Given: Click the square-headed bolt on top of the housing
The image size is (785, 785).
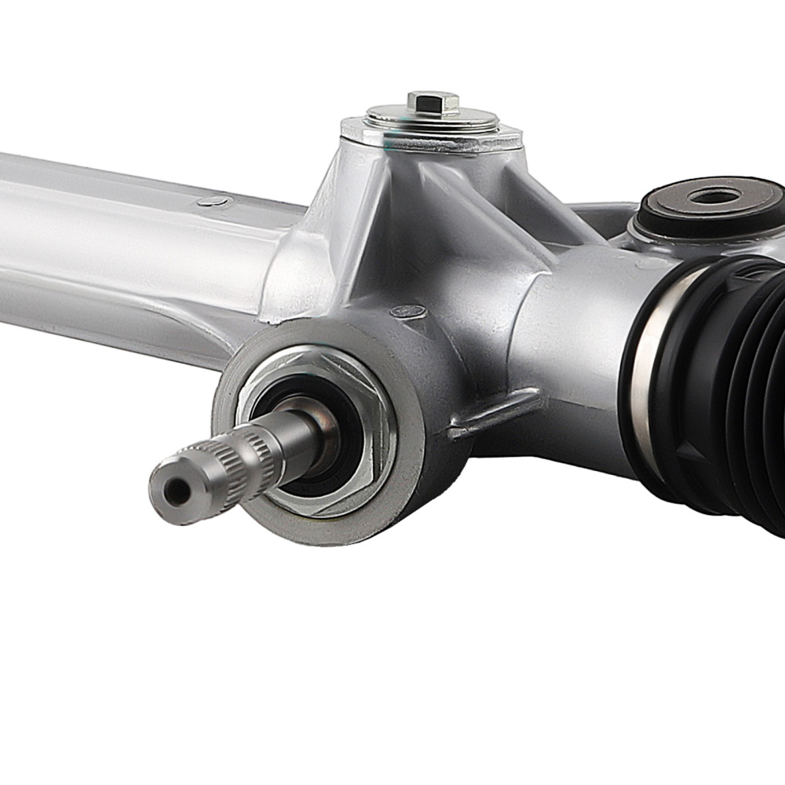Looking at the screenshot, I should click(433, 101).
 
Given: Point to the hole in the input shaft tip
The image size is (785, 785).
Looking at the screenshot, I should click(177, 492).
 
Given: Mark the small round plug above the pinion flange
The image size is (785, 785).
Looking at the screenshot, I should click(408, 311).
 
